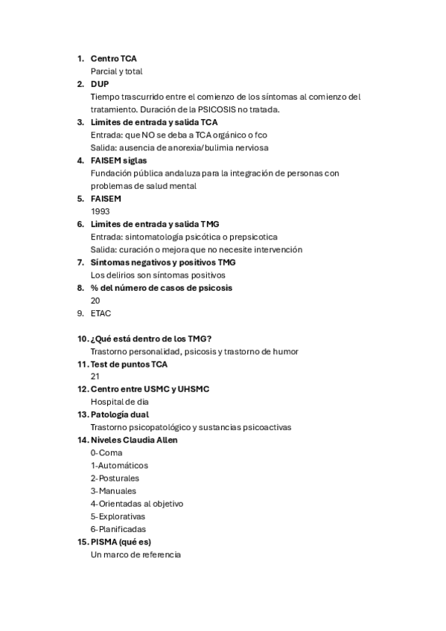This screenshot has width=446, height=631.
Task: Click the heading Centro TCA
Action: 113,58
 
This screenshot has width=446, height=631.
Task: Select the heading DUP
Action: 99,83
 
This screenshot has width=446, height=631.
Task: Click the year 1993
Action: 100,211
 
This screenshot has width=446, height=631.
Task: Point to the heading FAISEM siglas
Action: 118,160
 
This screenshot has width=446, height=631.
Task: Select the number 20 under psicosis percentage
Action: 95,300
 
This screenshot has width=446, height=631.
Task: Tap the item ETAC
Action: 101,313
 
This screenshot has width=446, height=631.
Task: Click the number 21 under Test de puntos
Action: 95,377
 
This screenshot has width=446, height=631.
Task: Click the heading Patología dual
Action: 119,414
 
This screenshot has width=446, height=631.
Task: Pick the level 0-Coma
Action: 106,452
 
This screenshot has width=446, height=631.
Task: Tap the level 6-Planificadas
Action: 118,529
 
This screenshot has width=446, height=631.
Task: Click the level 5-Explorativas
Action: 118,516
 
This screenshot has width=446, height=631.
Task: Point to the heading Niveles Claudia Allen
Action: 134,440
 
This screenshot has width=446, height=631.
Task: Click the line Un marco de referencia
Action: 136,554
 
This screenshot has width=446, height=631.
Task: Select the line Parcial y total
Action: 116,71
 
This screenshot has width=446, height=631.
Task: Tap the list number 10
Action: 82,339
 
